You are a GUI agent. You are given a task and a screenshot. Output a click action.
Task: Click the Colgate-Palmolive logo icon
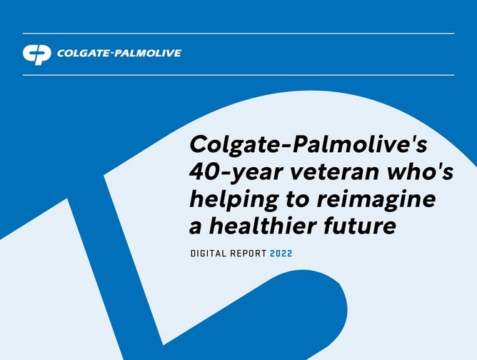coord(37,54)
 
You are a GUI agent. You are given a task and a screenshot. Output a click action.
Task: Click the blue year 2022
coord(281,254)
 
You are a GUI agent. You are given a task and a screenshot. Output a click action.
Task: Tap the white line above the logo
coord(239,33)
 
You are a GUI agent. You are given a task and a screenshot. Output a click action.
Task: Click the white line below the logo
coord(239,74)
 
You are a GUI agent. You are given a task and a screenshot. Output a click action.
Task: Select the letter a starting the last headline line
coord(196,229)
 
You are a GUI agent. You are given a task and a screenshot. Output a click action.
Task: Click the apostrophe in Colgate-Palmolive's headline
coord(411,138)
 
